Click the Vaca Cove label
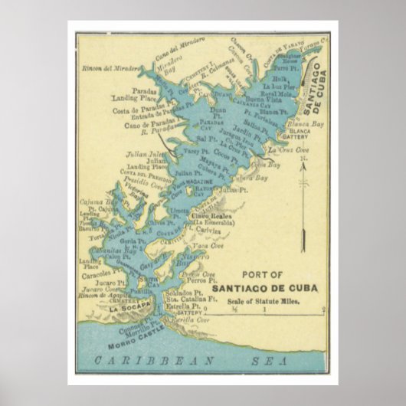(x=209, y=246)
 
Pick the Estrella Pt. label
(x=182, y=307)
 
